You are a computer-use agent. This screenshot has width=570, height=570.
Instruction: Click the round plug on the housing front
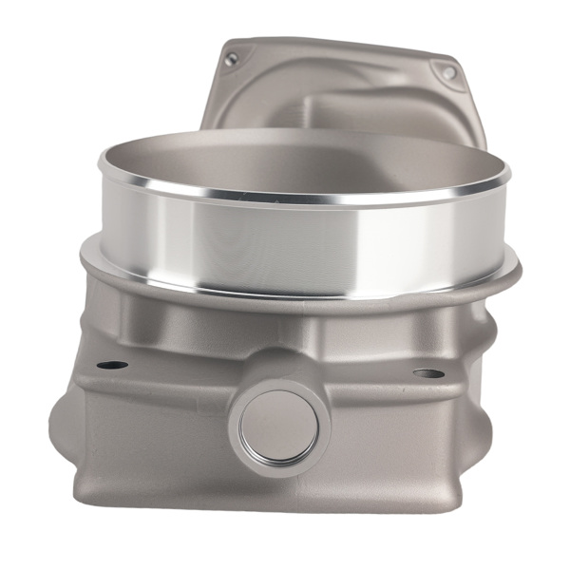point(278,427)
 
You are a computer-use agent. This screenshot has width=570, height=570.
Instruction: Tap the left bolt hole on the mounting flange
point(112,365)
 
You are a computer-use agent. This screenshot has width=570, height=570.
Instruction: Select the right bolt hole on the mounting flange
point(427,373)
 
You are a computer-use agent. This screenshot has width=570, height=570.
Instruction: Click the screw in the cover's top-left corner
point(231,59)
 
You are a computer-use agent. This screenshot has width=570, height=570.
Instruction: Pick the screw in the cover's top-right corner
point(448,72)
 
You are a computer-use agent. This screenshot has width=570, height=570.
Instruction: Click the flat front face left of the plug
point(152,427)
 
